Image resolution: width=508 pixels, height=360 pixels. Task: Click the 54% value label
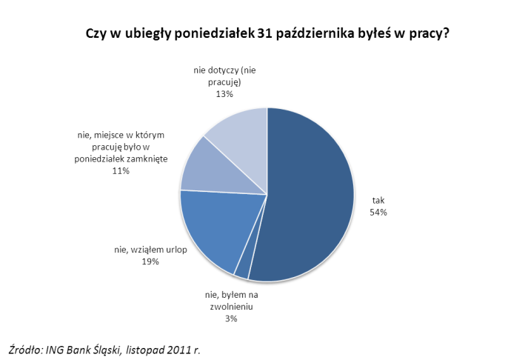click(x=379, y=212)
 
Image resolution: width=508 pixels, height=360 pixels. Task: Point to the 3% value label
click(x=231, y=319)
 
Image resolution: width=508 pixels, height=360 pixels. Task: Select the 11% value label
click(x=121, y=170)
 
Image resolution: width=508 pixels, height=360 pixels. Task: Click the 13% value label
click(x=224, y=94)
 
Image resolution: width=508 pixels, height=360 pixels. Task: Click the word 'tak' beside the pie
click(x=379, y=200)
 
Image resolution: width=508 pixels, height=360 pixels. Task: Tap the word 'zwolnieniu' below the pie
click(x=232, y=307)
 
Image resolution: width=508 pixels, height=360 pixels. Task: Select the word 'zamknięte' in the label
click(x=148, y=159)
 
